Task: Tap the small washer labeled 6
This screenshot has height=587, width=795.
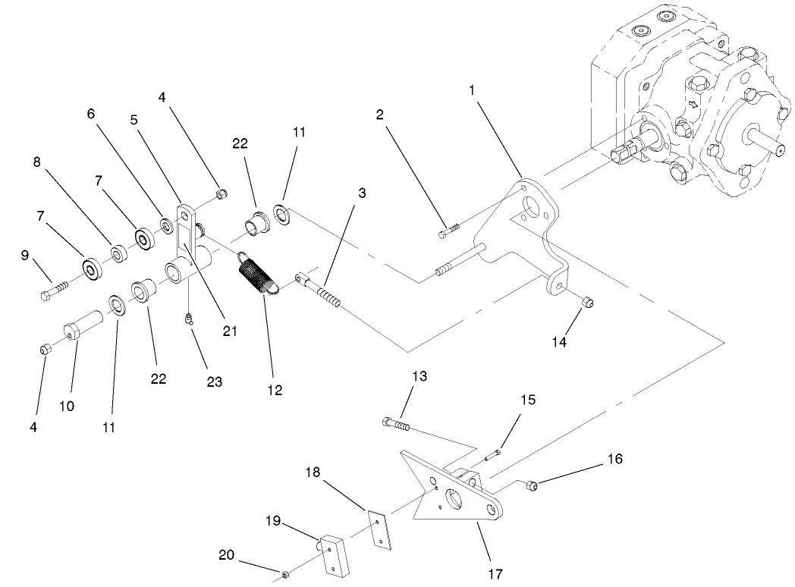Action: pyautogui.click(x=165, y=225)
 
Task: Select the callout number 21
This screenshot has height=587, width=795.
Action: pyautogui.click(x=228, y=331)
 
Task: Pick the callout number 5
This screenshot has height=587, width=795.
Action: pyautogui.click(x=134, y=119)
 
